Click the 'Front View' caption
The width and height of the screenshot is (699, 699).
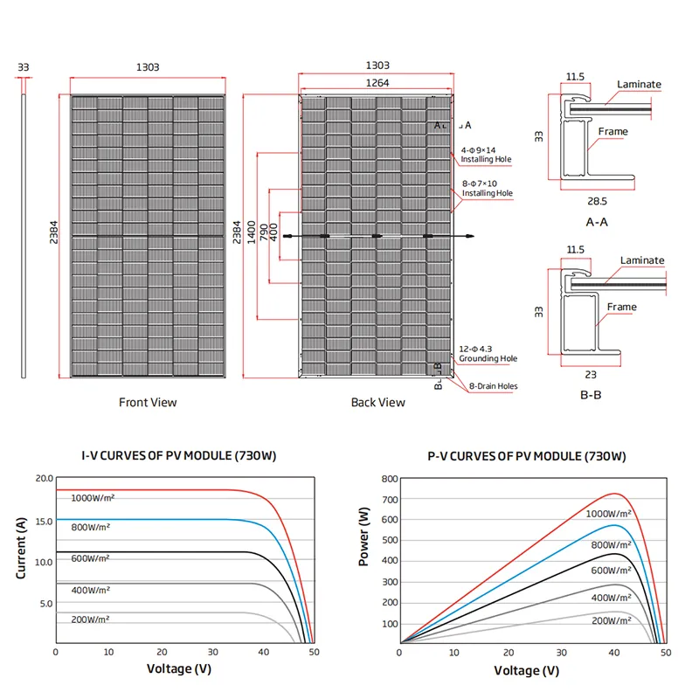148,403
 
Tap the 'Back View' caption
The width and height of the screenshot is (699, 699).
378,403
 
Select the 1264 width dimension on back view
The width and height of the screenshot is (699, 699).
373,83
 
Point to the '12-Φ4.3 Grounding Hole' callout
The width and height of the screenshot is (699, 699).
488,353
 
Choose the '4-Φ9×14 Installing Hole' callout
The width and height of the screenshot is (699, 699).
487,155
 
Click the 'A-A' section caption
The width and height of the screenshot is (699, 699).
596,222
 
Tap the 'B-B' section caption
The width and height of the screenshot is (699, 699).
592,394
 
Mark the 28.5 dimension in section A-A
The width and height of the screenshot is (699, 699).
598,200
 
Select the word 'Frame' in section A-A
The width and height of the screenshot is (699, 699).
612,132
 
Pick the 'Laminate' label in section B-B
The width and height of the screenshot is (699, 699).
642,260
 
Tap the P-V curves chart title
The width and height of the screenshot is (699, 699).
527,456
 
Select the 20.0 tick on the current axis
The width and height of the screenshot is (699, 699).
44,479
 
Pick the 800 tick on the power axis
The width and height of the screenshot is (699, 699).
390,479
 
